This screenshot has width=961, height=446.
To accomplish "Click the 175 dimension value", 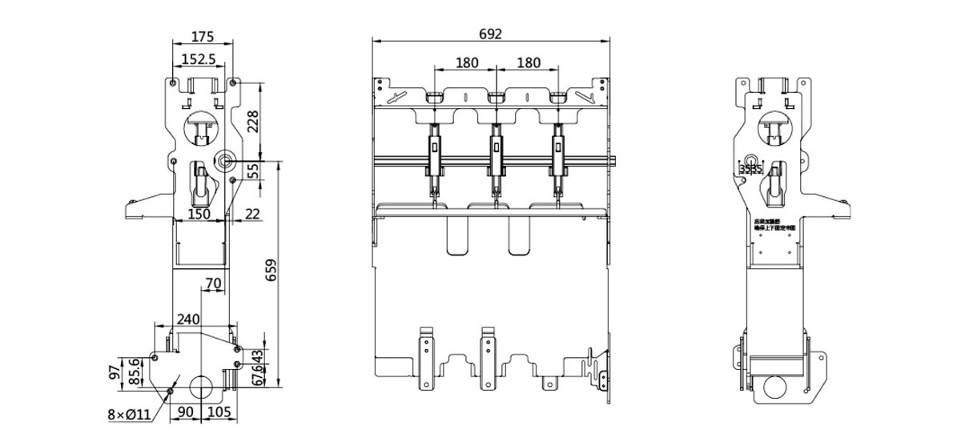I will click(203, 36).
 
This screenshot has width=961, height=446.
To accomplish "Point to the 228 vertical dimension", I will click(253, 123).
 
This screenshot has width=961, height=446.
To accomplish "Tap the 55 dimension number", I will click(253, 171).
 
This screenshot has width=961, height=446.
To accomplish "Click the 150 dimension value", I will click(199, 214).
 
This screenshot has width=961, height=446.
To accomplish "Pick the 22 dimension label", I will click(251, 214).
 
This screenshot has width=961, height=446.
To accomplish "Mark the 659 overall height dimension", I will click(271, 275).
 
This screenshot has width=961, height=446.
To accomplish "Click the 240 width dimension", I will click(188, 319).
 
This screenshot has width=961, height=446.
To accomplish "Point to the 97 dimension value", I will click(115, 372).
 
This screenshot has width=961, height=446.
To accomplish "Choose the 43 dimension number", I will click(257, 356).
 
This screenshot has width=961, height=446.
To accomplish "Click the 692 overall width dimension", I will click(490, 34).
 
